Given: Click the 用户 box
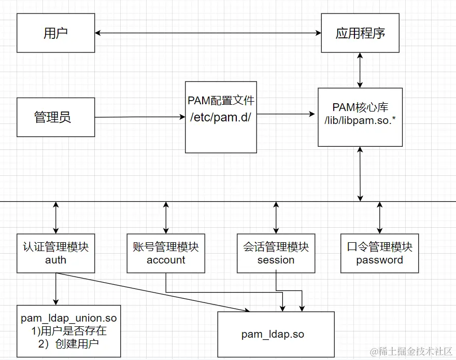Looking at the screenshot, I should point(56,33).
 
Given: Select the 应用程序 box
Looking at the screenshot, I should point(360,33).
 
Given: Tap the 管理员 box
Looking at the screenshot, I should point(56,117).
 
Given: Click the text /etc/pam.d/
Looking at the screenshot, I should point(221,117).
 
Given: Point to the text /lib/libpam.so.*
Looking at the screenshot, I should point(360,120).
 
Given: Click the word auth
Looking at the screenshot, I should point(55,260).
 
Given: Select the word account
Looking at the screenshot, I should point(166,260).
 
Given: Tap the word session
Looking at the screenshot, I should point(276,260).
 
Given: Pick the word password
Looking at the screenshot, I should point(379,260).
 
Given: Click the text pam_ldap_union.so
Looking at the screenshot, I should point(68,317).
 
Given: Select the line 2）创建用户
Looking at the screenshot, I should point(68,343).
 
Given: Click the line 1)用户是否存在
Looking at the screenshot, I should point(68,330).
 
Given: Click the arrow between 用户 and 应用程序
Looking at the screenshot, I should point(207,33).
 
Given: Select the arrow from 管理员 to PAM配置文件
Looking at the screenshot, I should point(140,117).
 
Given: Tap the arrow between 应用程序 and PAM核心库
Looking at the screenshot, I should point(360,70).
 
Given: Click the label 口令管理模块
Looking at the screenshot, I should point(379,247).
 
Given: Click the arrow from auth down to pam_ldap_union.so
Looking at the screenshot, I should point(55,288).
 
